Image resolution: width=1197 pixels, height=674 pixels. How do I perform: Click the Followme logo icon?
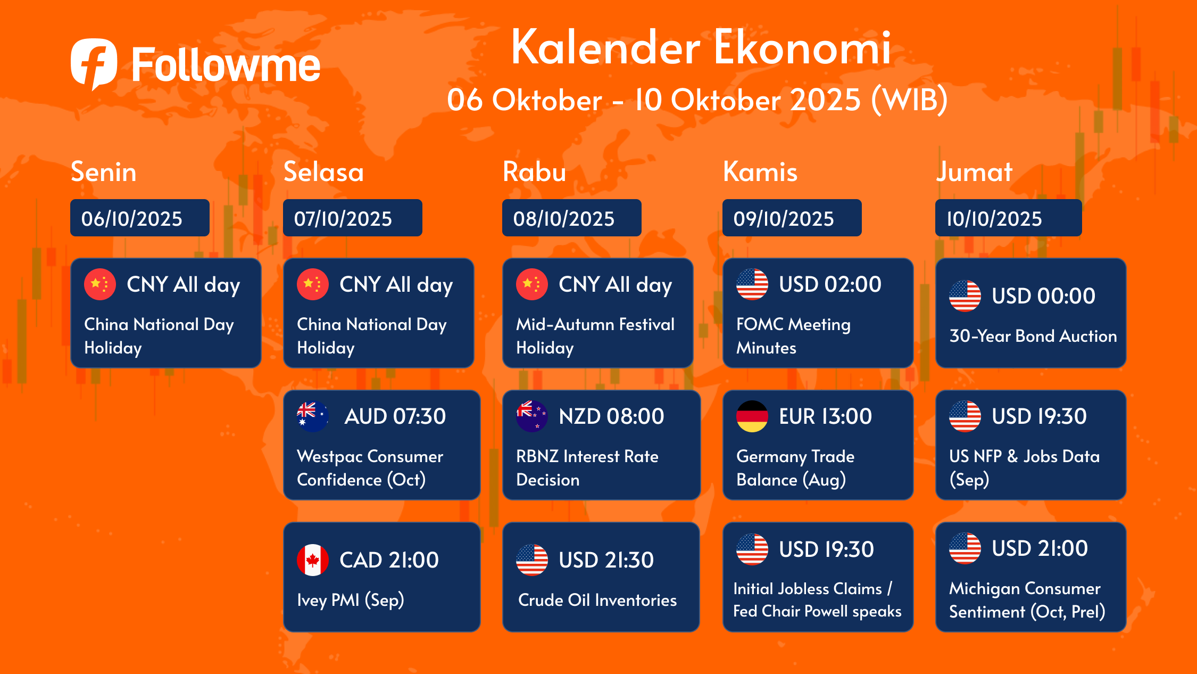94,63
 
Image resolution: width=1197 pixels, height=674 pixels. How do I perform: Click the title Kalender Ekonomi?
701,47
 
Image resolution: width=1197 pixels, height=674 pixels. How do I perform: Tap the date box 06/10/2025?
140,218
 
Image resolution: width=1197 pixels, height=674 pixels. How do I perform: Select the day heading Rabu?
534,171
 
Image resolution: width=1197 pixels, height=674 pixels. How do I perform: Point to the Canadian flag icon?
313,560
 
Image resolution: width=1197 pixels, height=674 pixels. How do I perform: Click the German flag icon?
752,416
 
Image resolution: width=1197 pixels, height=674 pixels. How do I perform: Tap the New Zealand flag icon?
532,416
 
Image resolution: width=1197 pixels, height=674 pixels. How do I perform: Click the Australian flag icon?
313,416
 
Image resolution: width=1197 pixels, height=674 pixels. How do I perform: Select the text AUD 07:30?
395,416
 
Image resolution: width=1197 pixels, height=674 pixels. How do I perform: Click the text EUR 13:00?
825,416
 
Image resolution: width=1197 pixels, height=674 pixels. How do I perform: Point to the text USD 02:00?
830,284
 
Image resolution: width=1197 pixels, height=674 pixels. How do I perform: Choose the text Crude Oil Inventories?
597,600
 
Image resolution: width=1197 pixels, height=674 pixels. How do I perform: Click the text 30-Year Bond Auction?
1033,336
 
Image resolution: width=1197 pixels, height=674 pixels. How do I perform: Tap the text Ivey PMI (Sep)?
351,601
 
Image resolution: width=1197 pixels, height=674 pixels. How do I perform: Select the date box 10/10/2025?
1009,218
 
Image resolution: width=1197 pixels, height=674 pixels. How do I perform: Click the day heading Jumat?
974,171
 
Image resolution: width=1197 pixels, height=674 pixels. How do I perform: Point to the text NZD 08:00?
611,416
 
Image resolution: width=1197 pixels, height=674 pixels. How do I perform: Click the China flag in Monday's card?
100,284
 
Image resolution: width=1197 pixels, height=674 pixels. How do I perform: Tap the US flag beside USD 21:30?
532,560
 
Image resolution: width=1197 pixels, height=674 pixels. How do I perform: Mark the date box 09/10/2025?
792,218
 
